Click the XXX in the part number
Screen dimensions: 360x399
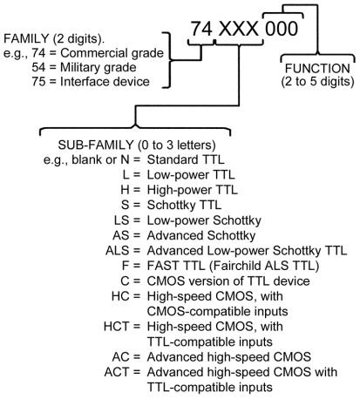click(x=238, y=29)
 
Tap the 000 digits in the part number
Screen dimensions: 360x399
click(x=282, y=29)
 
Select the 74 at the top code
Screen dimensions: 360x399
click(x=201, y=29)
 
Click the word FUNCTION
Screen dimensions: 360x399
click(x=317, y=69)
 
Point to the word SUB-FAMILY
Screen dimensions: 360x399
click(x=96, y=145)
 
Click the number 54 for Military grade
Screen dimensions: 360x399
click(x=38, y=67)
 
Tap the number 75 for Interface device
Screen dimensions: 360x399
click(x=38, y=82)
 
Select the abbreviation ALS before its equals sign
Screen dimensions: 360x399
click(x=117, y=251)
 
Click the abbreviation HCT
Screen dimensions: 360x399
click(x=116, y=327)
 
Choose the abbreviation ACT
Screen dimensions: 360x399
click(x=116, y=372)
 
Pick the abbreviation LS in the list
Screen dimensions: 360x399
click(x=121, y=220)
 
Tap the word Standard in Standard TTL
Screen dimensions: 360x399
click(x=173, y=159)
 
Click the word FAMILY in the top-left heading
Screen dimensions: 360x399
click(x=26, y=38)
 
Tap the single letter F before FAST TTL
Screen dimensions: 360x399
click(x=126, y=266)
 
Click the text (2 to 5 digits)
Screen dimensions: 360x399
click(x=317, y=82)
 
